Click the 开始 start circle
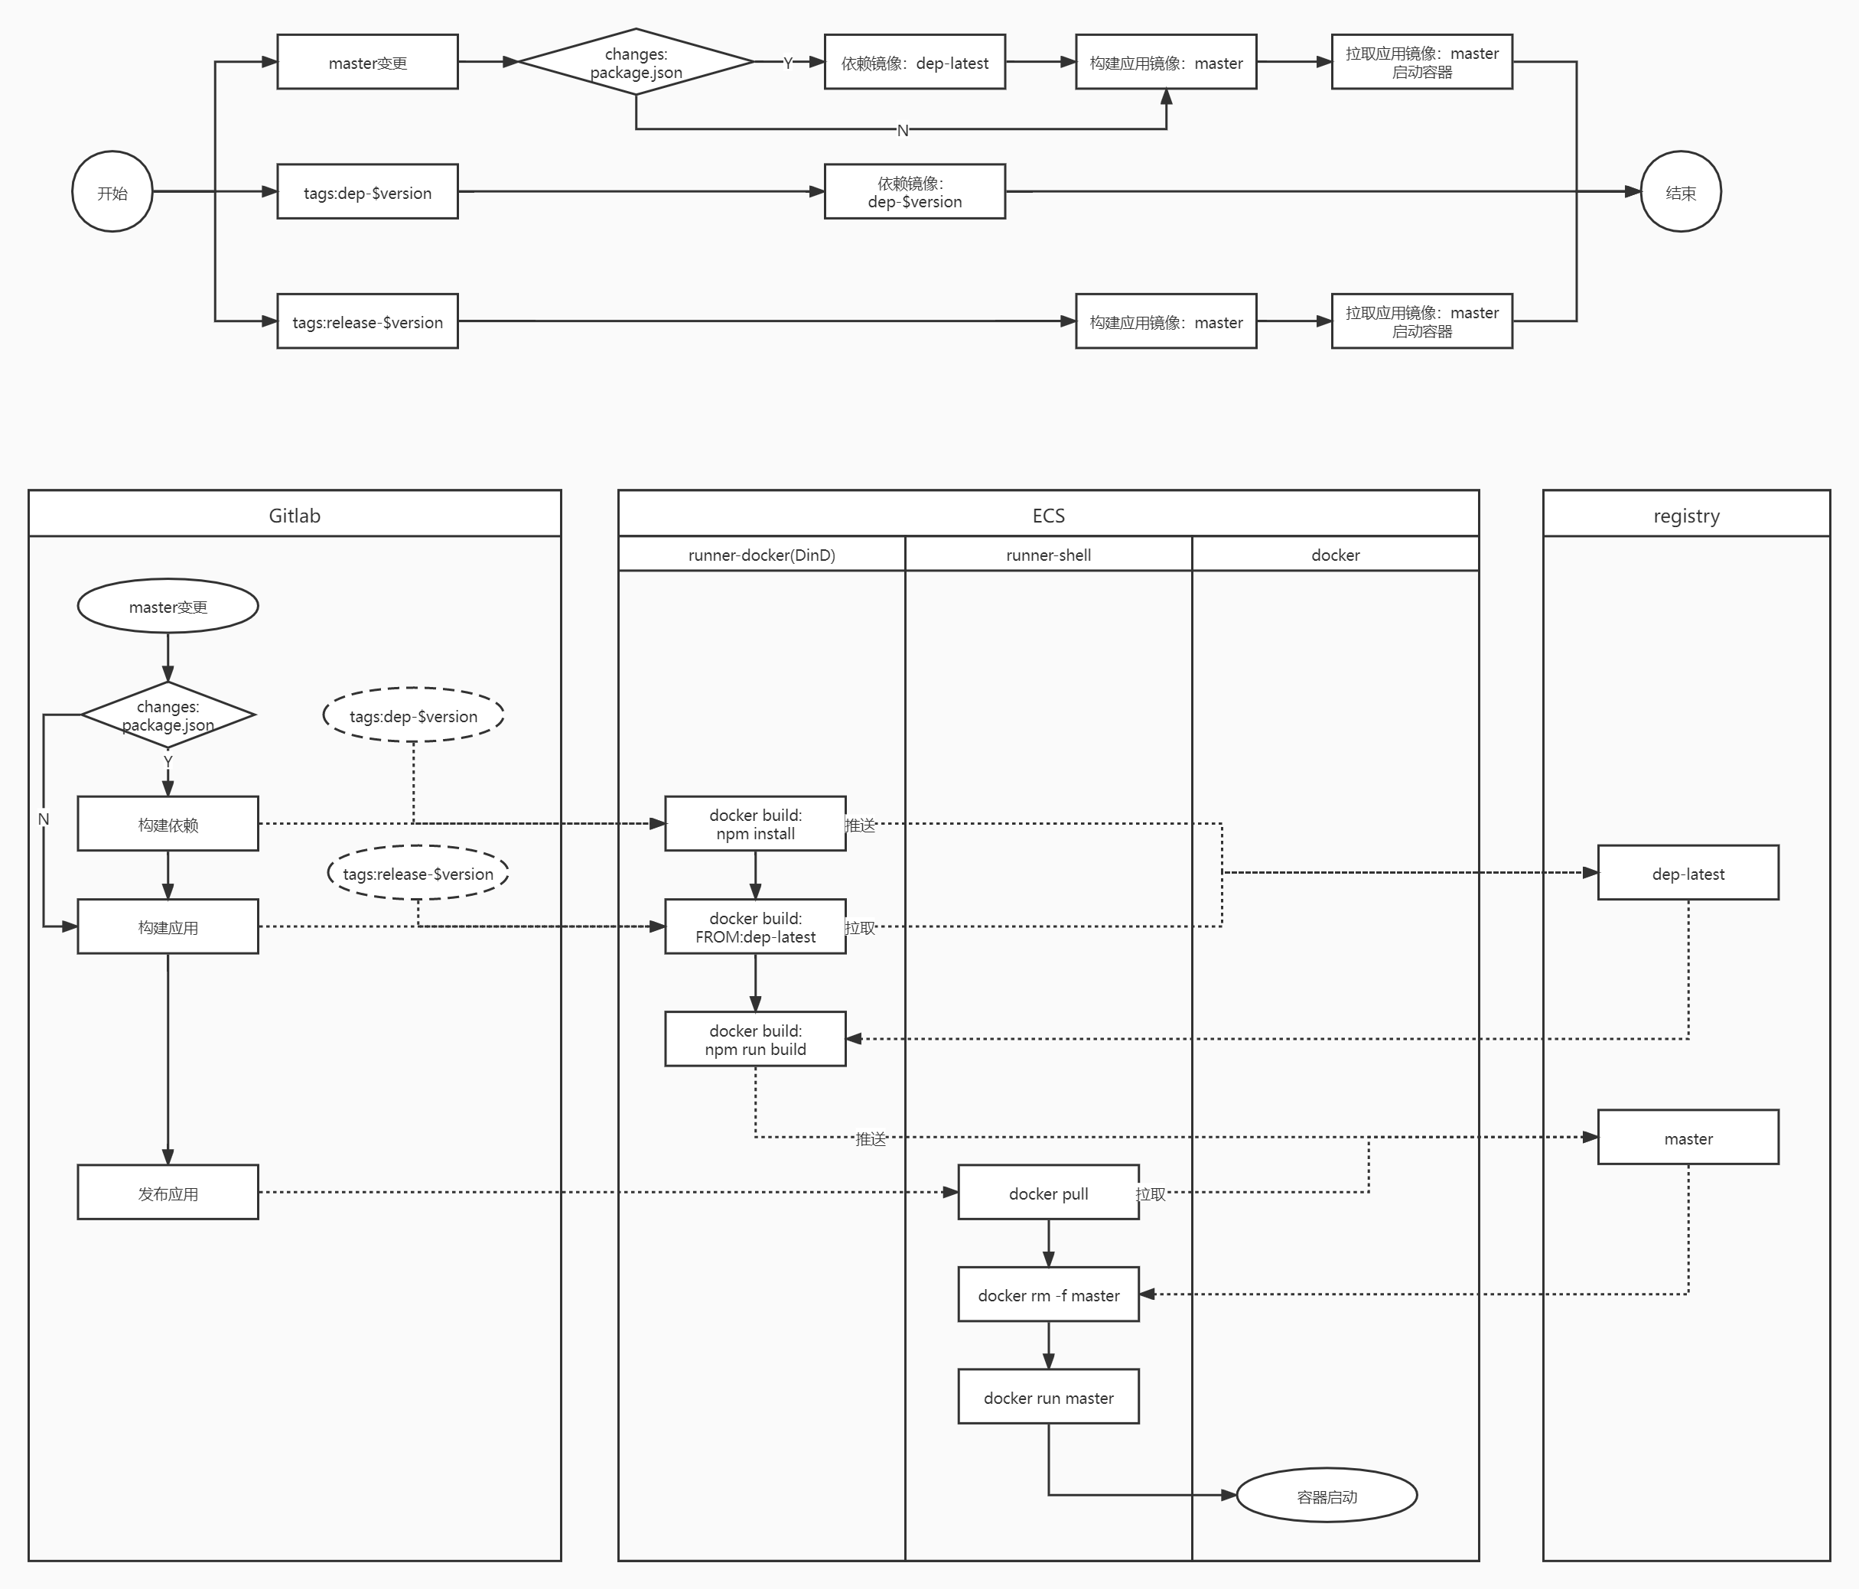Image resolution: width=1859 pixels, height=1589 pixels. tap(112, 191)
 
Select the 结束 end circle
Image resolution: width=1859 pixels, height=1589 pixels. tap(1681, 191)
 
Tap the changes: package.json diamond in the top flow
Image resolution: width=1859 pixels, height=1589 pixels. tap(636, 62)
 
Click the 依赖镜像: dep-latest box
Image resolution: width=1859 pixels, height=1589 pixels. tap(914, 62)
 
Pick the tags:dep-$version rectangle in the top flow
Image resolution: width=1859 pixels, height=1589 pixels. tap(367, 191)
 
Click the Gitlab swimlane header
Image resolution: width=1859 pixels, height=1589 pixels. tap(295, 514)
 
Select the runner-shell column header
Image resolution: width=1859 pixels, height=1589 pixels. tap(1048, 555)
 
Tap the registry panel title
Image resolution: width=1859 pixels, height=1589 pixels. tap(1686, 514)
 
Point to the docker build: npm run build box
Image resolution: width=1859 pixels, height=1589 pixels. tap(754, 1039)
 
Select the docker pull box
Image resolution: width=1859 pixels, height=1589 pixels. tap(1048, 1193)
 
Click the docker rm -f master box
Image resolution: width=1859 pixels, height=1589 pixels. tap(1048, 1294)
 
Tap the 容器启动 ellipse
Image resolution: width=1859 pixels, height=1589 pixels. tap(1326, 1496)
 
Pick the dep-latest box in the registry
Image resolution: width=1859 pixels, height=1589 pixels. tap(1688, 872)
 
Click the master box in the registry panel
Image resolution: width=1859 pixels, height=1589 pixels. tap(1688, 1137)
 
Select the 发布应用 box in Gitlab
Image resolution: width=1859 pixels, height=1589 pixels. tap(168, 1193)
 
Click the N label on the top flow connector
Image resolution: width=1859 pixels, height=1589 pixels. tap(903, 130)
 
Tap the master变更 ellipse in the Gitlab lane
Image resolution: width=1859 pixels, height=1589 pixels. tap(168, 606)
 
